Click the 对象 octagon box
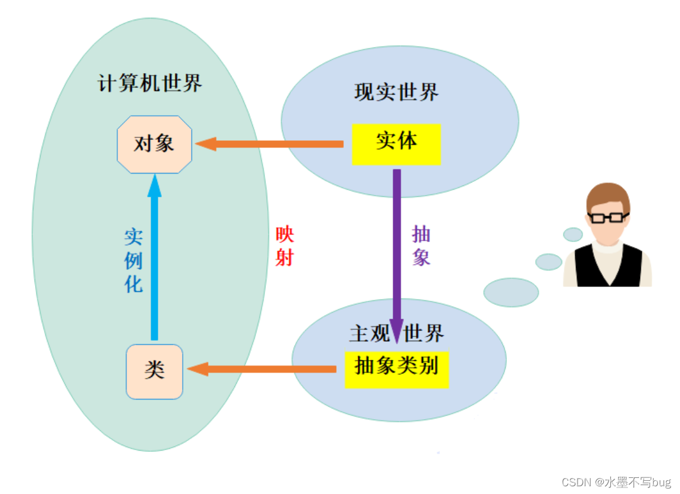155,144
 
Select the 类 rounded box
154,372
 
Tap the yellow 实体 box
396,143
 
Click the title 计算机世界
150,83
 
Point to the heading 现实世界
396,92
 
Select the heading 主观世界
396,333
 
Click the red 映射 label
284,246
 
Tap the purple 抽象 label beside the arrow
421,246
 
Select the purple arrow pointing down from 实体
397,250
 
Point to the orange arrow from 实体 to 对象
271,144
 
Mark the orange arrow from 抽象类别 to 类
262,369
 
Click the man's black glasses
607,217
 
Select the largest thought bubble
511,292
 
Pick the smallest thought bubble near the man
573,234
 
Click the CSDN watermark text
616,482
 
